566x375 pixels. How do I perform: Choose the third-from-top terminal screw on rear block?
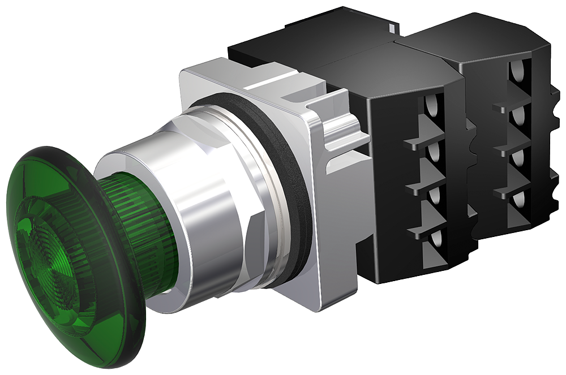[x=517, y=158]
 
